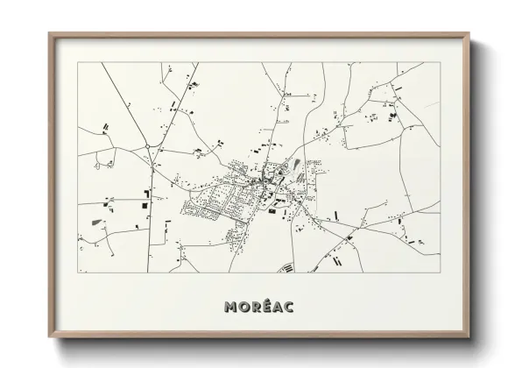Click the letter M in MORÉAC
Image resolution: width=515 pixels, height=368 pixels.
230,307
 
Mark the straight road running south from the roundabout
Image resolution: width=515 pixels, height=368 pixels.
152,210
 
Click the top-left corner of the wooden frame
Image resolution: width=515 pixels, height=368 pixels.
50,34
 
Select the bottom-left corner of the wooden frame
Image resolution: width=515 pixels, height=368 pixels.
50,336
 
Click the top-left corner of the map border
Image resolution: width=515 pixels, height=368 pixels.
78,63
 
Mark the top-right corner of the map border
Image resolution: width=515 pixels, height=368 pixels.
441,63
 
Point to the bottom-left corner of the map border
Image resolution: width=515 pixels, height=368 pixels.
78,272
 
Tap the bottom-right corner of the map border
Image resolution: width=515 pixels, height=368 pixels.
441,272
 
